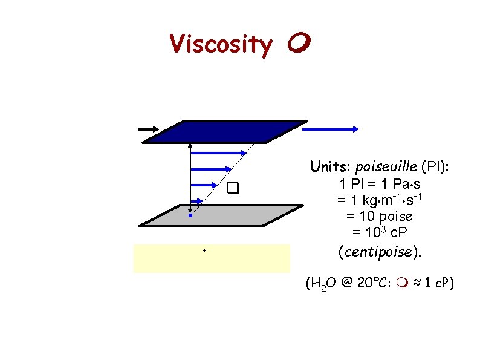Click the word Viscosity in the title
[221, 44]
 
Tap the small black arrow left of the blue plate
[148, 129]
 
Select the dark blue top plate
[224, 131]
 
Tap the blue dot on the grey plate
[190, 215]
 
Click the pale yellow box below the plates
[212, 258]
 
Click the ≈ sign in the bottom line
[414, 283]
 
